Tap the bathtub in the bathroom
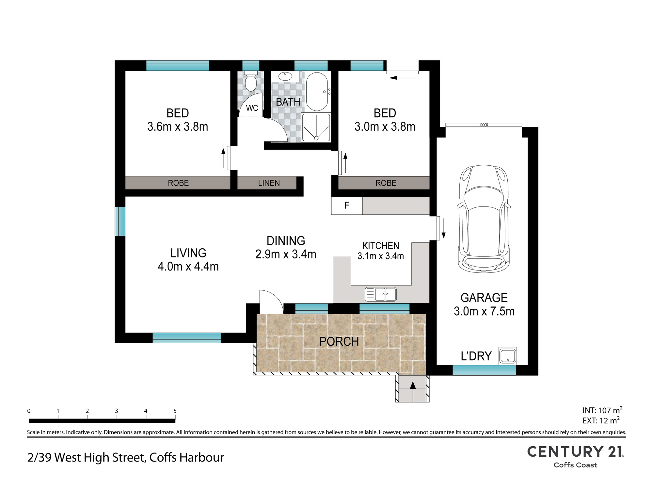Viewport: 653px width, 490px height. pos(317,91)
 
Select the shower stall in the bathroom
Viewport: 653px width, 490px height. pos(316,127)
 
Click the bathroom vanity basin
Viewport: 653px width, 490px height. pos(285,76)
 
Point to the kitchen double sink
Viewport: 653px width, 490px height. pos(381,294)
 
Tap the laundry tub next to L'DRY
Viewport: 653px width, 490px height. pos(508,356)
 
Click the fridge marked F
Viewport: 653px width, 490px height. pos(347,205)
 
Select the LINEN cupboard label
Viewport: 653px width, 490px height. pos(269,183)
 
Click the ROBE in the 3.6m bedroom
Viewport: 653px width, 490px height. pos(178,183)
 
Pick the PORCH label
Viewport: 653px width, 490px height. pos(339,342)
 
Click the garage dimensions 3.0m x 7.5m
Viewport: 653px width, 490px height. pos(484,311)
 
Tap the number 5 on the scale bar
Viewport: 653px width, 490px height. pos(175,411)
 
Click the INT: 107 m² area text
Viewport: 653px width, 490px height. pos(602,410)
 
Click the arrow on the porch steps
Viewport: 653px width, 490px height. pos(413,385)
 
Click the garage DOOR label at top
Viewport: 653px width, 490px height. pos(484,125)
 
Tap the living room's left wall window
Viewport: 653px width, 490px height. pos(120,221)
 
